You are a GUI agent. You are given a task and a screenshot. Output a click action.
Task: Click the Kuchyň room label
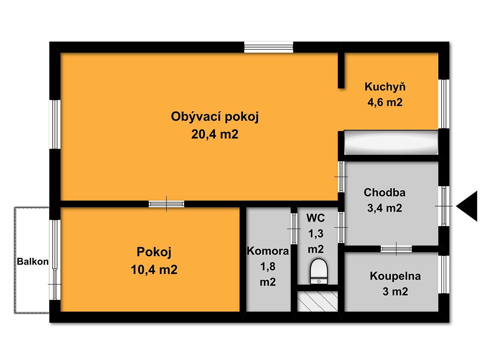tap(385, 87)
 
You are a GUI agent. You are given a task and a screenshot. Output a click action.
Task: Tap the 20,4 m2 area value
tap(215, 134)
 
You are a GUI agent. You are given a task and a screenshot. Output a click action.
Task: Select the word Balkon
tap(33, 261)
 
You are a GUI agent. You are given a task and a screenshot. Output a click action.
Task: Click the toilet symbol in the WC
tap(319, 271)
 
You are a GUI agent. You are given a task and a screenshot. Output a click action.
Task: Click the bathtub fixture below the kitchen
tap(391, 143)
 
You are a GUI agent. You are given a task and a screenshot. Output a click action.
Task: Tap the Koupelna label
tap(395, 276)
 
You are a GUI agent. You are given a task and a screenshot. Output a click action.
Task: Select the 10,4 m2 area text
tap(154, 269)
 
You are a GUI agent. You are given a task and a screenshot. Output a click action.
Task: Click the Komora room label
tap(268, 251)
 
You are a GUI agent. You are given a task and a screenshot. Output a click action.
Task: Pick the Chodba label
tap(384, 193)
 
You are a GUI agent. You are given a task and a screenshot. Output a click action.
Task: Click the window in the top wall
tap(268, 47)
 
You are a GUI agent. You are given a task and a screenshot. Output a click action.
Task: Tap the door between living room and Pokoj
tap(166, 204)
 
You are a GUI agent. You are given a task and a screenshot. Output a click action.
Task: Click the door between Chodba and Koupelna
tap(396, 249)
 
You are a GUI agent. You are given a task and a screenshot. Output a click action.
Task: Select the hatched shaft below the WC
tap(318, 301)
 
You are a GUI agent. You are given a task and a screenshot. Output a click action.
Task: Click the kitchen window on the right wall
tap(444, 104)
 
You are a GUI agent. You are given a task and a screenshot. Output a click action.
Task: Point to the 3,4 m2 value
tap(384, 208)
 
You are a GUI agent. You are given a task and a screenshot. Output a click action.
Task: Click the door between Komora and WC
tap(294, 228)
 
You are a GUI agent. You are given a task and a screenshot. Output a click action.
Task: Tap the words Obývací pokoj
tap(215, 117)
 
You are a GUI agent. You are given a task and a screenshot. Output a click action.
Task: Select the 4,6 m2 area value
tap(385, 103)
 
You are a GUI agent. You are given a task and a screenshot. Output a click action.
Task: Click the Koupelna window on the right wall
tap(444, 274)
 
